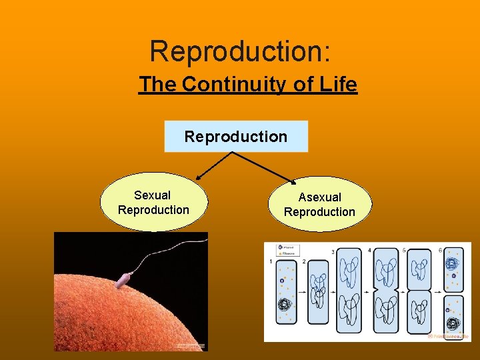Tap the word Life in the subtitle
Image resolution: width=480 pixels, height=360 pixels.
point(338,85)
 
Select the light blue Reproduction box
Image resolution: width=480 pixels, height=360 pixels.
point(236,137)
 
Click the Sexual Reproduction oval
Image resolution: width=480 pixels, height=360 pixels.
point(153,203)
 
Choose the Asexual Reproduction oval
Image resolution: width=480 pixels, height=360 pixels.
point(319,204)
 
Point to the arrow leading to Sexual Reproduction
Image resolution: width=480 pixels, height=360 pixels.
point(213,165)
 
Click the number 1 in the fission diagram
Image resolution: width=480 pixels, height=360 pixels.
point(271,263)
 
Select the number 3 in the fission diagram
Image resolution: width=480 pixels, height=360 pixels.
point(333,252)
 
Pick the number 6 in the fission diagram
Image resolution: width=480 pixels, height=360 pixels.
point(440,250)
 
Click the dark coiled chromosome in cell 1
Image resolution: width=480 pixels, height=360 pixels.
point(285,307)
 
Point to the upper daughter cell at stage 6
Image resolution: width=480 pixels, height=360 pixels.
point(454,267)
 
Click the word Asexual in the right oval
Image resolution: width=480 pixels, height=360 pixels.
point(319,197)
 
